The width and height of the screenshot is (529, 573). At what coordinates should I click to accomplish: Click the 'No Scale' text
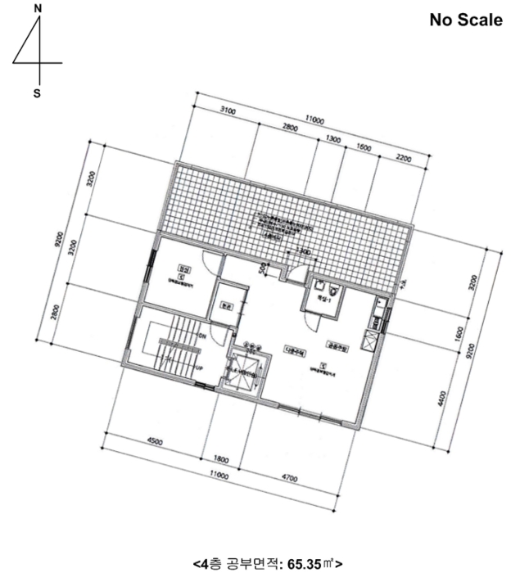tap(466, 20)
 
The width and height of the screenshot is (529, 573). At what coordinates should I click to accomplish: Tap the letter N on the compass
tap(37, 8)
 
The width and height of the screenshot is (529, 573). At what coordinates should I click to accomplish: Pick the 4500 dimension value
tap(153, 442)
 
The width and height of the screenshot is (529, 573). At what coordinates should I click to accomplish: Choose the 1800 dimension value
tap(220, 459)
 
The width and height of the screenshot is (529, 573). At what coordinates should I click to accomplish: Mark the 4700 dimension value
tap(288, 478)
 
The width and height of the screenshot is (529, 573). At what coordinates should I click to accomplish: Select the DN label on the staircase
tap(201, 336)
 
